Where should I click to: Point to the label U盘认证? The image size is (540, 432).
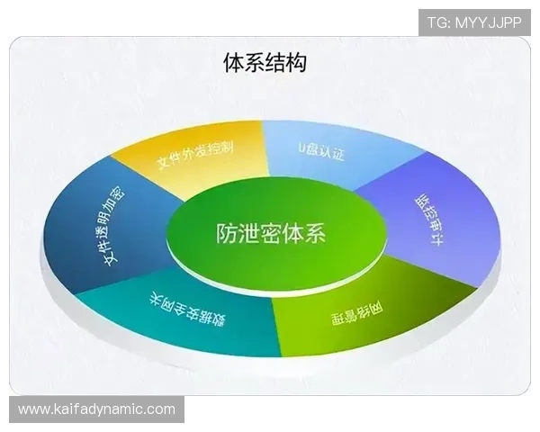tap(320, 150)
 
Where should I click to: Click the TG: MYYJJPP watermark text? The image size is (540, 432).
tap(474, 21)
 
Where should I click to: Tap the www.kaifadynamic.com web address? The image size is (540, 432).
tap(96, 409)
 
